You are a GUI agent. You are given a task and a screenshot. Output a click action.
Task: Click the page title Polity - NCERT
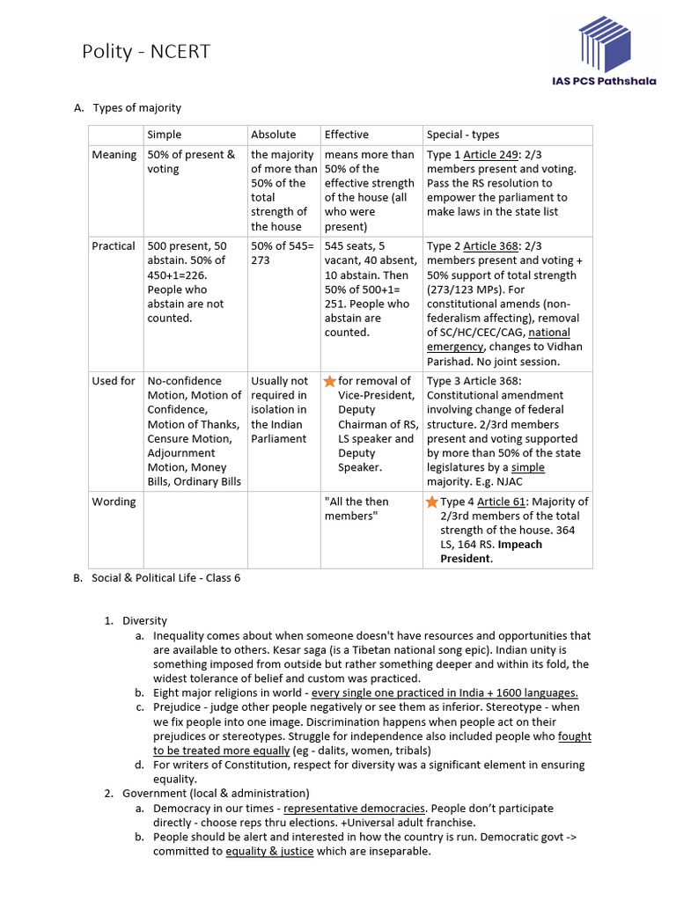tap(145, 52)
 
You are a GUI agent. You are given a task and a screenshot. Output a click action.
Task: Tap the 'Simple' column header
tap(165, 135)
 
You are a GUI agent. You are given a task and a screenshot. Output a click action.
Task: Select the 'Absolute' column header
tap(273, 135)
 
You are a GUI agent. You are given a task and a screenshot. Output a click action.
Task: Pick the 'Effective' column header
tap(346, 135)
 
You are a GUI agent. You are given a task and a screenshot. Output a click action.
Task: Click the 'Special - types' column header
tap(462, 135)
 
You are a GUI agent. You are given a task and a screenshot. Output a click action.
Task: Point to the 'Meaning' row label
tap(114, 155)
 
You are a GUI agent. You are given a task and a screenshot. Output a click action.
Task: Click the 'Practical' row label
tap(114, 246)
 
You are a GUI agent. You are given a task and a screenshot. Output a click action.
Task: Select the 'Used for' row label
tap(114, 381)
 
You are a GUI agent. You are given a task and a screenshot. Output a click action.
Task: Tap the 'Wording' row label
tap(114, 502)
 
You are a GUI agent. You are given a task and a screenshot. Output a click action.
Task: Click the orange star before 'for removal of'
tap(330, 381)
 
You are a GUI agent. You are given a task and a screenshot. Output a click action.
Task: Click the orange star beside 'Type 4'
tap(431, 502)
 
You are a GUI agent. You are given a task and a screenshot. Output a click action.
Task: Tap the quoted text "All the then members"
tap(356, 509)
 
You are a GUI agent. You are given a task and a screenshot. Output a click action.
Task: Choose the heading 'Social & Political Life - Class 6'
tap(165, 578)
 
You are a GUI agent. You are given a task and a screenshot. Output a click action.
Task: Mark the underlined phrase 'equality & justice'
tap(269, 852)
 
